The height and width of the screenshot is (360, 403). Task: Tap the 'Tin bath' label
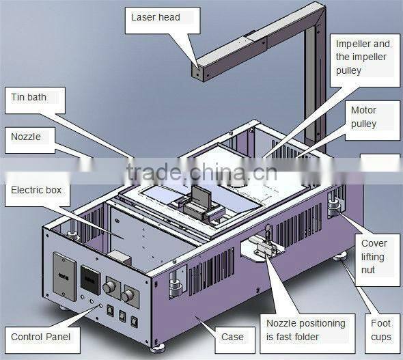[x=29, y=97]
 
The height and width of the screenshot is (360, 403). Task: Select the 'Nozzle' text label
[x=26, y=137]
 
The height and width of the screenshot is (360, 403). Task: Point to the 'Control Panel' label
[x=40, y=337]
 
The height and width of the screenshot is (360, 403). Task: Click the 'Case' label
[x=232, y=337]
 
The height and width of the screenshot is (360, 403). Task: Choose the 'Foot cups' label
[x=381, y=330]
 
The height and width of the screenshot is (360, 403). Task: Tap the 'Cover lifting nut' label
[x=374, y=256]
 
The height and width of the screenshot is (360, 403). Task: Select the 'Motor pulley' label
[x=363, y=117]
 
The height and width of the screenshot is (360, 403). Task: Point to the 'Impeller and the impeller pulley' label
[x=362, y=57]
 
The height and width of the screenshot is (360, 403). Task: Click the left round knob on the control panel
[x=110, y=283]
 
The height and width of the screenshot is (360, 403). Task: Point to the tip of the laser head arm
[x=197, y=68]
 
